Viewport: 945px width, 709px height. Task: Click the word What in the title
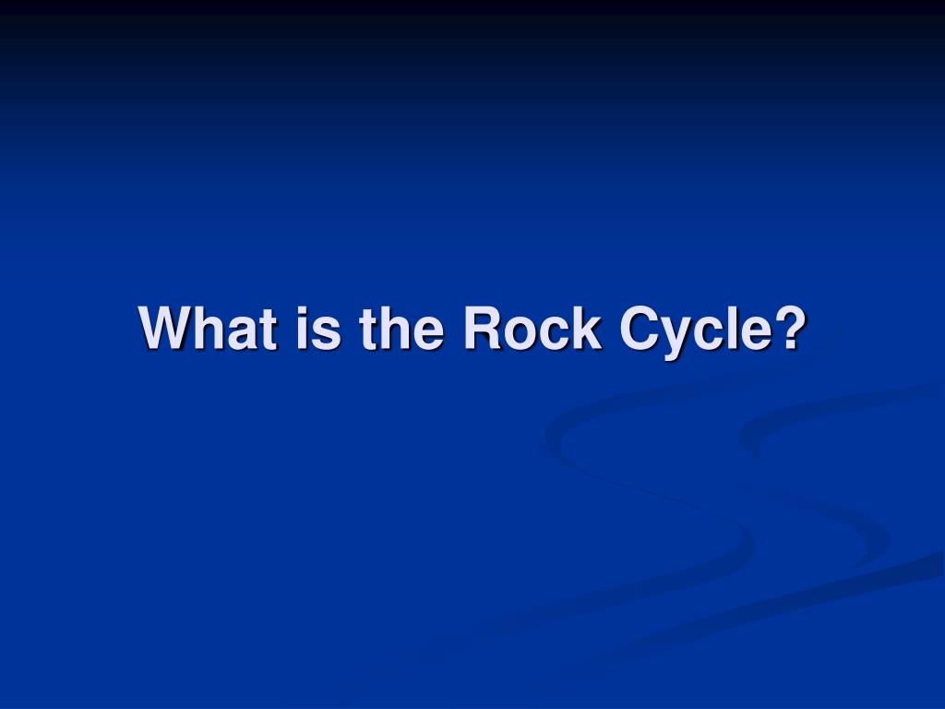click(208, 328)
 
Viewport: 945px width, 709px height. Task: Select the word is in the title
click(318, 328)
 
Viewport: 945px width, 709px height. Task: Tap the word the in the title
click(402, 328)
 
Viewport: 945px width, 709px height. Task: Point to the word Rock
click(532, 328)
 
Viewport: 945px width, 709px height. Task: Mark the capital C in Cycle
click(640, 328)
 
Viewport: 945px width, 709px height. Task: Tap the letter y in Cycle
click(678, 340)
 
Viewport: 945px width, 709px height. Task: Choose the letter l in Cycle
click(734, 328)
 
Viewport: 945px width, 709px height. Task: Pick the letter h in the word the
click(394, 328)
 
